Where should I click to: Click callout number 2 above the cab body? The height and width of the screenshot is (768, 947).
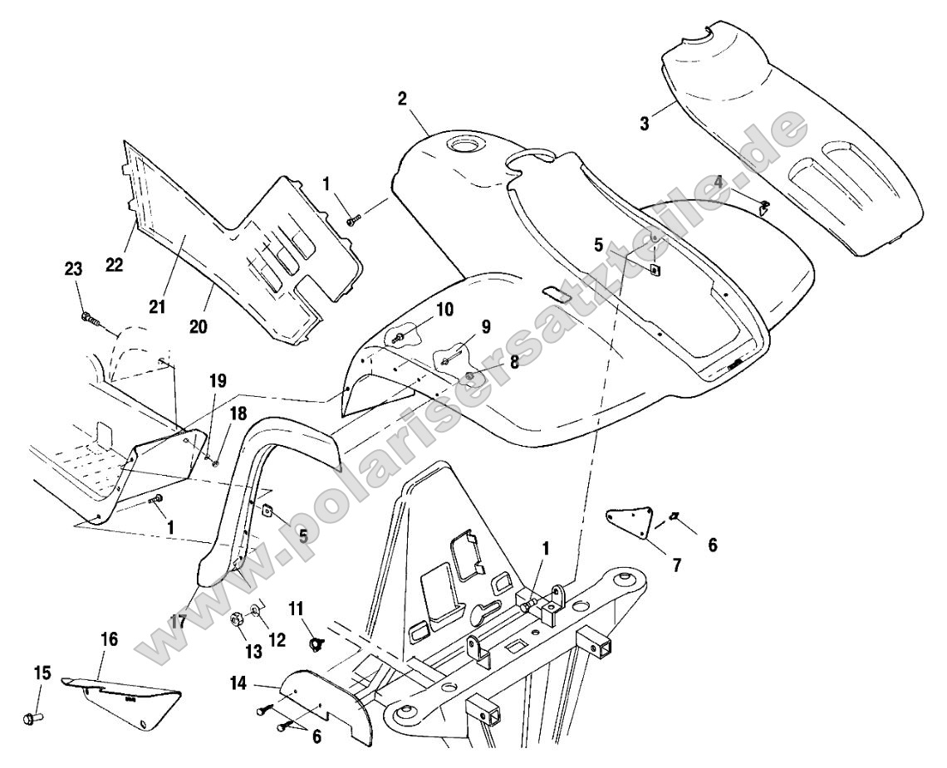pyautogui.click(x=402, y=99)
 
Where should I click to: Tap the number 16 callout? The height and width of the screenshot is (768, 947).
pyautogui.click(x=110, y=640)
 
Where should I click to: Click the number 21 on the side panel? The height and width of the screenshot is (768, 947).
pyautogui.click(x=157, y=307)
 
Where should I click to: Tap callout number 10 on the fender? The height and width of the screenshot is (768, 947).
pyautogui.click(x=445, y=309)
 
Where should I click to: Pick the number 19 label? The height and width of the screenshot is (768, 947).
pyautogui.click(x=218, y=382)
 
